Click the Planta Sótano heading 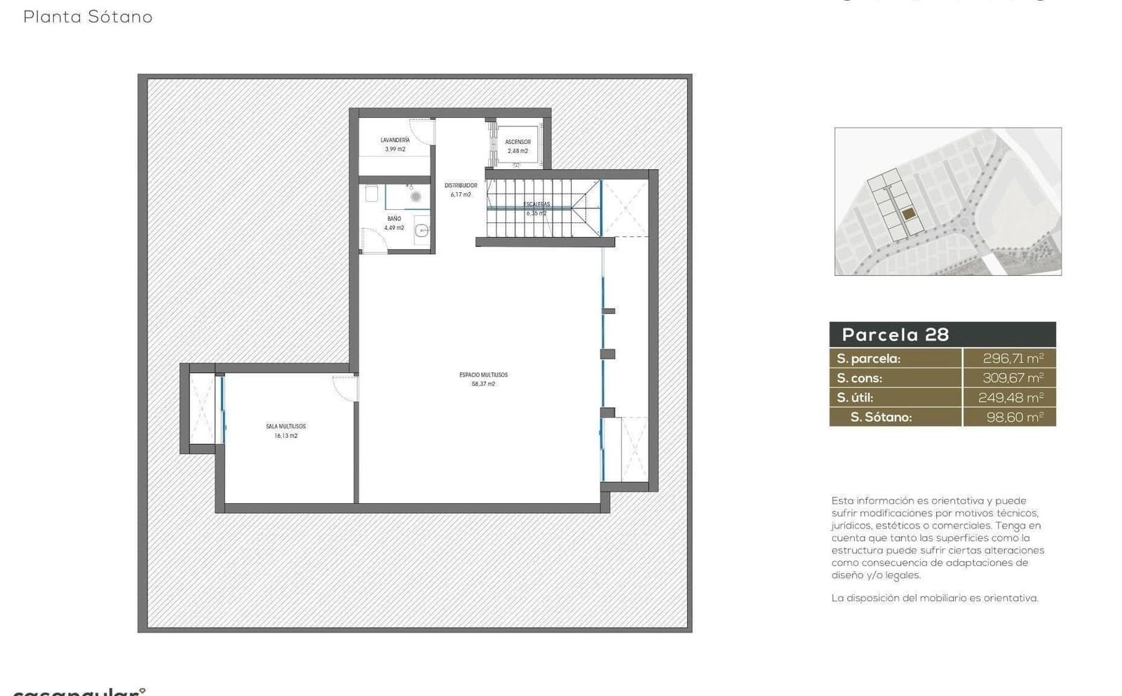[88, 17]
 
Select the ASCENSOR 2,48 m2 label [518, 146]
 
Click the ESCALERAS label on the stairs [536, 205]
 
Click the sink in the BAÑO [422, 229]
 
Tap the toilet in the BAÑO [372, 193]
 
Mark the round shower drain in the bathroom [416, 197]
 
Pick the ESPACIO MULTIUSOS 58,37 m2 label [483, 379]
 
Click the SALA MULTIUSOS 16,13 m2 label [285, 431]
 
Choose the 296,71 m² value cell [1013, 359]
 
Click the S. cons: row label [860, 378]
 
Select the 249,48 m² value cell [1011, 398]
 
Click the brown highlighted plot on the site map [909, 214]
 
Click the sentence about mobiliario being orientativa [934, 598]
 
